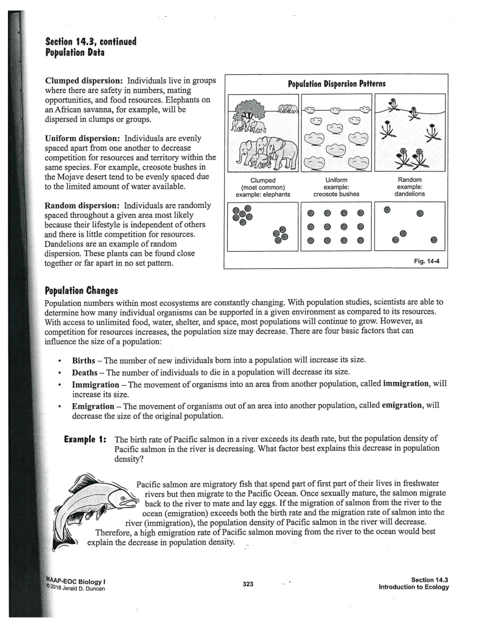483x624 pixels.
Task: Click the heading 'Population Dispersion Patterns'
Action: tap(336, 84)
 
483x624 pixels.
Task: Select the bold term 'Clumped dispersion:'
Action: tap(84, 80)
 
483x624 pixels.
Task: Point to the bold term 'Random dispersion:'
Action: tap(82, 206)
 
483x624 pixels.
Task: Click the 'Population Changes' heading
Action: tap(81, 290)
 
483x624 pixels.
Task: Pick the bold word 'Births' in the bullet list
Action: tap(83, 360)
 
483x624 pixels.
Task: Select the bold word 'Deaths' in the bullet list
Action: tap(84, 372)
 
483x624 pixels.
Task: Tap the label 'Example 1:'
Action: tap(86, 439)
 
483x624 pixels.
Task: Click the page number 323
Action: tap(248, 584)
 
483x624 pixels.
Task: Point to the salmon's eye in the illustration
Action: tap(123, 499)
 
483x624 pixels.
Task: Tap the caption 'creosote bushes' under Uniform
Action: tap(336, 194)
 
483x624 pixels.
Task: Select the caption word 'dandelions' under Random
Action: tap(409, 194)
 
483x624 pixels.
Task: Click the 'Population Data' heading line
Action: tap(74, 53)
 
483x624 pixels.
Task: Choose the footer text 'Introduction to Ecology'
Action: tap(413, 587)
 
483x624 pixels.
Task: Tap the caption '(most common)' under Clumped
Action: tap(263, 187)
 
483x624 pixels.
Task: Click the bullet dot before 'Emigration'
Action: tap(59, 406)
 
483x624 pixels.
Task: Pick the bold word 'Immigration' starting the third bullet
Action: tap(95, 384)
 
